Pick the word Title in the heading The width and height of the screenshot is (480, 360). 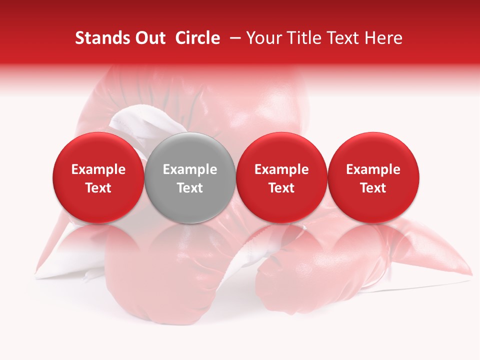coord(302,38)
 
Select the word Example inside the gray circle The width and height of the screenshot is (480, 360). coord(190,169)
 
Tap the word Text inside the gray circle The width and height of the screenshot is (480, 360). coord(190,188)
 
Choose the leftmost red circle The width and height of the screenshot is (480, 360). coord(98,150)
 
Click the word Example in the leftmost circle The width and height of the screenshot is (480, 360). coord(98,169)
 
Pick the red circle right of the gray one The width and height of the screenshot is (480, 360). coord(281,150)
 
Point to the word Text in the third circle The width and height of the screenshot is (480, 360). coord(281,188)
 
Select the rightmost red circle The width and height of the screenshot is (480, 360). coord(373,150)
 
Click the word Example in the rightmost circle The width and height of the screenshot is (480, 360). coord(373,169)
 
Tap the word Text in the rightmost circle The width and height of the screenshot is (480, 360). coord(373,188)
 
